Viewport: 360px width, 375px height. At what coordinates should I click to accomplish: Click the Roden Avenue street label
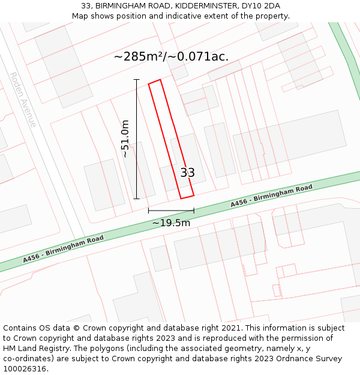click(22, 100)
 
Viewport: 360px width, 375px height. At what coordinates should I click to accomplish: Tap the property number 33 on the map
click(187, 173)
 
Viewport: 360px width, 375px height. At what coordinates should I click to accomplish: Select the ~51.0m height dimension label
click(125, 139)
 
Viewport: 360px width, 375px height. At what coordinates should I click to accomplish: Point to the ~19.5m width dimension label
click(171, 223)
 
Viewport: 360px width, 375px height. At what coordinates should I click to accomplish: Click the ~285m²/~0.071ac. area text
click(171, 57)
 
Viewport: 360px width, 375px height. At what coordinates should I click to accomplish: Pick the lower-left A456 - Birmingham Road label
click(64, 249)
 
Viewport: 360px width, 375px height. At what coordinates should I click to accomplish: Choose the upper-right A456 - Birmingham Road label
click(272, 197)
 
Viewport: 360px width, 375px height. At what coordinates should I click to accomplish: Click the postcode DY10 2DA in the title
click(260, 6)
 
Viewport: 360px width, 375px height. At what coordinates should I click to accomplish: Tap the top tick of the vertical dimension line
click(136, 80)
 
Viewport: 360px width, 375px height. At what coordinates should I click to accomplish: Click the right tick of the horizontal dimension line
click(194, 211)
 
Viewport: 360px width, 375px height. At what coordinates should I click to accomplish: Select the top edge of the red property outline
click(154, 81)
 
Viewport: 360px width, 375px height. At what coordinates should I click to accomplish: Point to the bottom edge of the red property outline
click(187, 197)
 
